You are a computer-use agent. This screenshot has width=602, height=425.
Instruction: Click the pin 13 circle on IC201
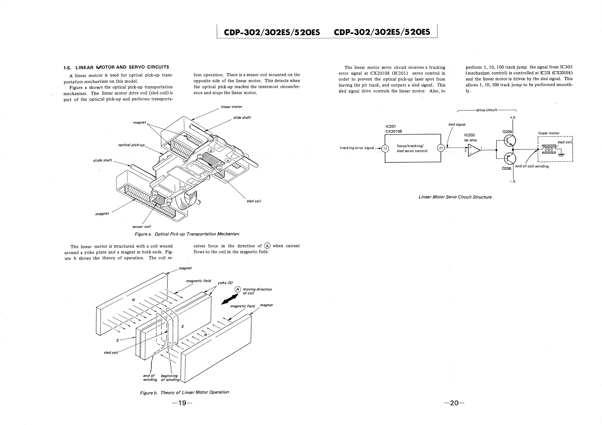click(385, 148)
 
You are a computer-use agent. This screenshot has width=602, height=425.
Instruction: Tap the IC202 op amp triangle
click(474, 150)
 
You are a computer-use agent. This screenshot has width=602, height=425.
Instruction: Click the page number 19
click(182, 403)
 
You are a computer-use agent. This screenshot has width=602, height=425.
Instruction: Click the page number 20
click(454, 403)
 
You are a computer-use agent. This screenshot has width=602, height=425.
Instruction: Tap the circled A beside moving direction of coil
click(237, 289)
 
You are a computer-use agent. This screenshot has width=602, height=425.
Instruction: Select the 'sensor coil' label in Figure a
click(142, 226)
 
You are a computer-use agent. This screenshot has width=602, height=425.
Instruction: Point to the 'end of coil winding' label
click(532, 166)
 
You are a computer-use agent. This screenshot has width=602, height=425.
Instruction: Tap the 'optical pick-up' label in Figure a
click(131, 145)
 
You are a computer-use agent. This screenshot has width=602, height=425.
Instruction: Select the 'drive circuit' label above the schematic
click(487, 110)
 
